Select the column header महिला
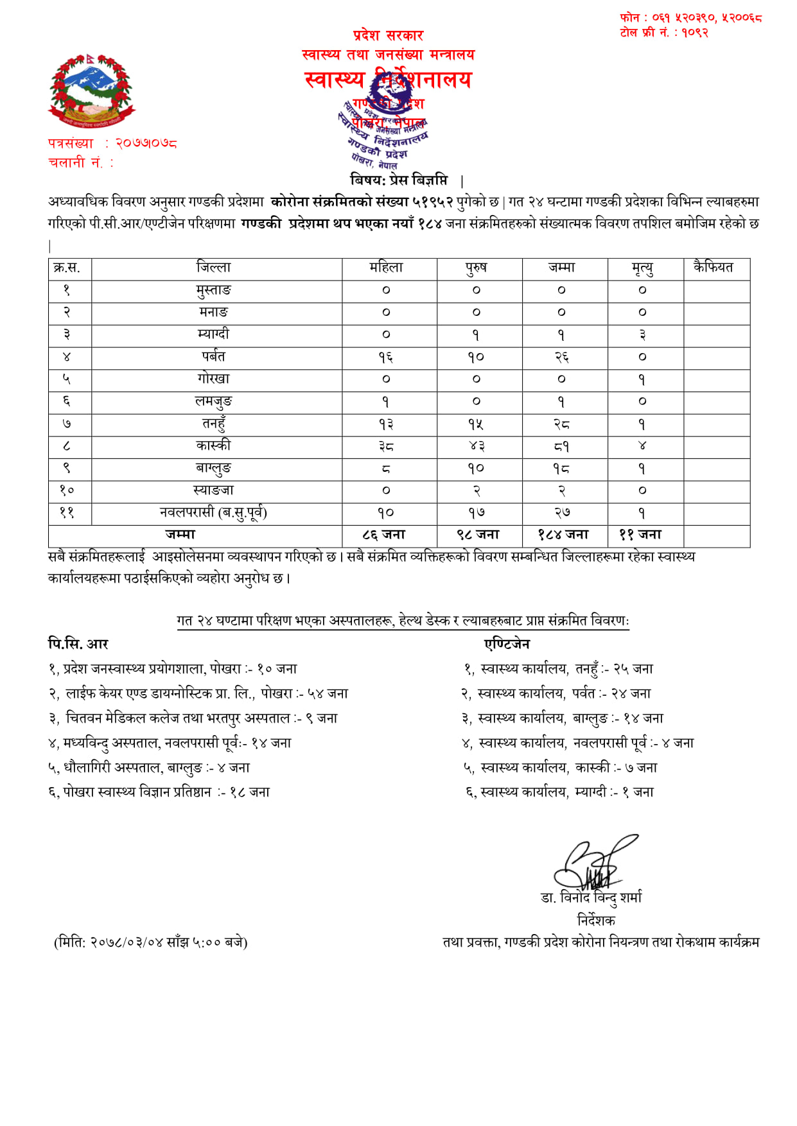[386, 268]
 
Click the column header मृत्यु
[642, 268]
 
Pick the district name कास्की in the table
[214, 446]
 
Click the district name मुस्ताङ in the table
[214, 290]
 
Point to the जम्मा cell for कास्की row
[562, 446]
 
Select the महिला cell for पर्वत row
[386, 357]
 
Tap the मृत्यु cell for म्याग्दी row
[642, 334]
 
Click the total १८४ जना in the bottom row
[563, 535]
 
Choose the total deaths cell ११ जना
[640, 535]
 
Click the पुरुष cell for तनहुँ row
[476, 424]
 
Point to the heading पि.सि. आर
[78, 643]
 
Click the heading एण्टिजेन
[507, 643]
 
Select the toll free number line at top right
[664, 32]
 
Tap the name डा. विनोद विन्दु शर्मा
[591, 897]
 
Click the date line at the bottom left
[151, 942]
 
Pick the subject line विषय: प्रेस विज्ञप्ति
[399, 180]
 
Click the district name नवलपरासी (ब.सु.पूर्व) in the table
[214, 513]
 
